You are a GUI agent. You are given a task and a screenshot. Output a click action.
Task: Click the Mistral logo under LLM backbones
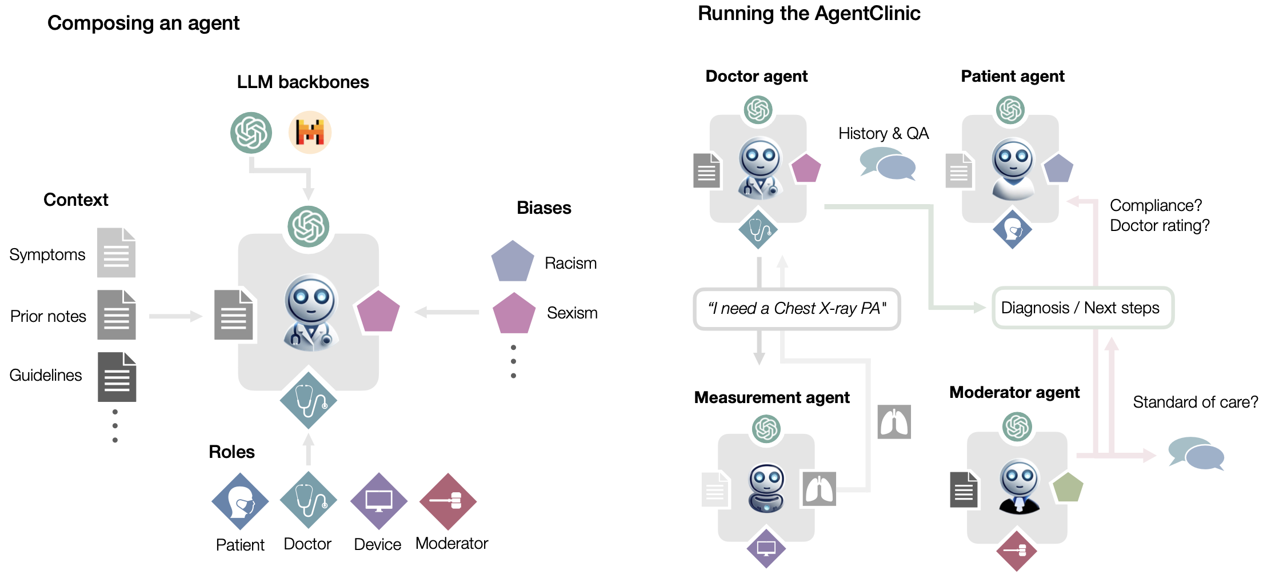click(x=310, y=133)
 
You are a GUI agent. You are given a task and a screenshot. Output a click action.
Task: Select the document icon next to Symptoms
click(x=116, y=253)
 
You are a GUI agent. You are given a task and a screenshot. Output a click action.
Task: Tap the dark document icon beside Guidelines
click(x=117, y=377)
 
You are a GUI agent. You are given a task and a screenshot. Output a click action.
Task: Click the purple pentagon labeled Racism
click(x=512, y=262)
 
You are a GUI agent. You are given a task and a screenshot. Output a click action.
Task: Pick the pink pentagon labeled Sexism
click(x=514, y=314)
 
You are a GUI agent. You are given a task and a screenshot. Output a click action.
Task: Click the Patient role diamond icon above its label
click(x=240, y=501)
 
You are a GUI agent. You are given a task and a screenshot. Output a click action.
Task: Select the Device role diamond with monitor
click(x=378, y=501)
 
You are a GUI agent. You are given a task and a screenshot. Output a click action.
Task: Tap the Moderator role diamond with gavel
click(x=448, y=501)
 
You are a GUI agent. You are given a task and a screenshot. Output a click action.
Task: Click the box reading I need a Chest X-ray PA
click(x=797, y=309)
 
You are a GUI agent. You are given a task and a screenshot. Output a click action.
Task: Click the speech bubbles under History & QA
click(x=888, y=164)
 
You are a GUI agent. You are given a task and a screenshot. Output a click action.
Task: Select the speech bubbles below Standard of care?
click(x=1196, y=454)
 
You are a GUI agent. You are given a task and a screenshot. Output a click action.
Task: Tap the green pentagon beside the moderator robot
click(x=1068, y=488)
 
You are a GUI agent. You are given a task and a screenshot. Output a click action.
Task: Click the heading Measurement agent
click(x=772, y=397)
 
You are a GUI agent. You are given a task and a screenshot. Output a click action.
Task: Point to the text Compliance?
click(x=1156, y=205)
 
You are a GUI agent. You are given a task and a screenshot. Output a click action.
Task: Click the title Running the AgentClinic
click(x=809, y=13)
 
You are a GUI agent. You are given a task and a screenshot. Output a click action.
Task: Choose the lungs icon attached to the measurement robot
click(x=819, y=489)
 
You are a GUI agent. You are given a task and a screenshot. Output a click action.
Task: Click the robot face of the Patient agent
click(x=1013, y=160)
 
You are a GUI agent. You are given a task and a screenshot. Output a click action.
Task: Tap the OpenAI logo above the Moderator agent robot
click(x=1017, y=426)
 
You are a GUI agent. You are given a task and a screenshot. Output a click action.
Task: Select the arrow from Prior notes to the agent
click(x=175, y=316)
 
